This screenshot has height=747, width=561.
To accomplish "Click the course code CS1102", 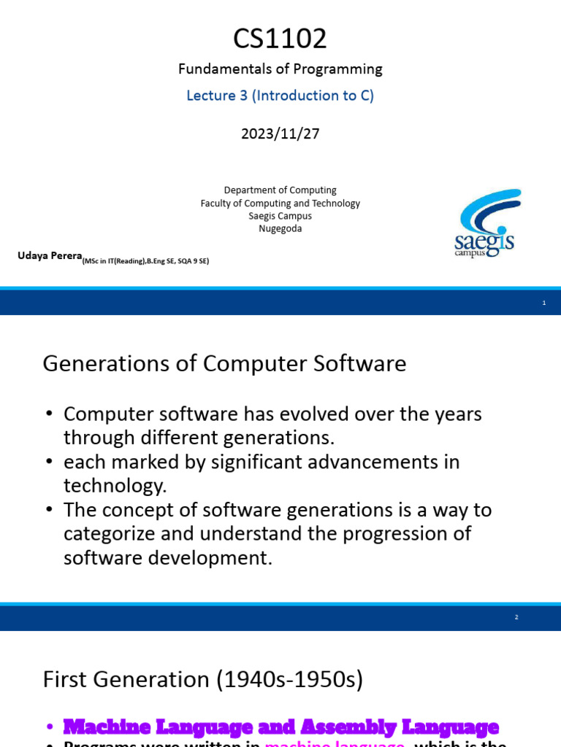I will coord(280,39).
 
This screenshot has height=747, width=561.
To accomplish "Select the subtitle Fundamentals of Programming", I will coord(280,69).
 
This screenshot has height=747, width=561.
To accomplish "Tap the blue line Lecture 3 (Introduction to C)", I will coord(280,96).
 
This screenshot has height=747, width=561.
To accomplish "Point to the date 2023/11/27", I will coord(280,133).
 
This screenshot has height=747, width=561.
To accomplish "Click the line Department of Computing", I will coord(280,190).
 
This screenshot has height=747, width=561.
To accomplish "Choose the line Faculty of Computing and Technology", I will coord(280,204).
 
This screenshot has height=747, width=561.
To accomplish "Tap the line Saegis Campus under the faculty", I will coord(280,216).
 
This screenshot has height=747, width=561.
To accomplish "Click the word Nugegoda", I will coord(280,228).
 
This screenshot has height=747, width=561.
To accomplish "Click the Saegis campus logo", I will coord(486,222).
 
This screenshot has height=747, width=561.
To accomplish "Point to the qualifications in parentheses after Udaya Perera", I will coord(145,261).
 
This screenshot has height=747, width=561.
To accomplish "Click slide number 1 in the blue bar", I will coord(544,303).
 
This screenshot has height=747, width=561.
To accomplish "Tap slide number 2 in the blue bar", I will coord(516,617).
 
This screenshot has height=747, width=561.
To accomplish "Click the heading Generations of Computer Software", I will coord(224,363).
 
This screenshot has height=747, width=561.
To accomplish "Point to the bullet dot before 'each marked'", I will coord(49,462).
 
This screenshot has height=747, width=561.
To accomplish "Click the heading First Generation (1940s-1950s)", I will coord(202,680).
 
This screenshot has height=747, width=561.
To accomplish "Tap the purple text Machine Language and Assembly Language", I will coord(280,727).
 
